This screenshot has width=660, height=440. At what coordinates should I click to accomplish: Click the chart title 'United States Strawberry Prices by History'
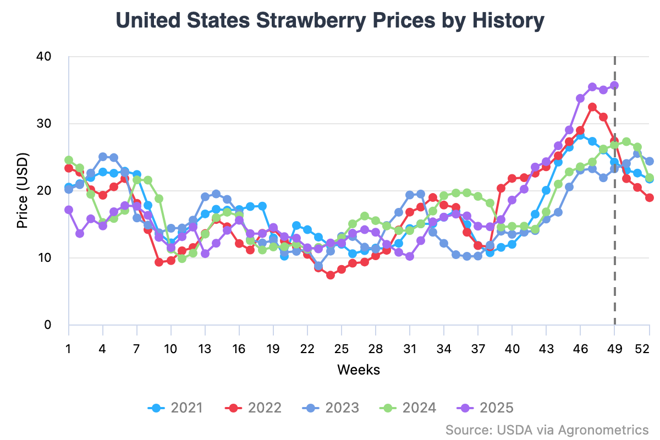click(330, 21)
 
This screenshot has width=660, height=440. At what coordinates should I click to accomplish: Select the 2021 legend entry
click(175, 408)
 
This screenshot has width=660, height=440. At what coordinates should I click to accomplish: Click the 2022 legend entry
click(254, 408)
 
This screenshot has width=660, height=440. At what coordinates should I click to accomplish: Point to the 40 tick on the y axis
click(44, 57)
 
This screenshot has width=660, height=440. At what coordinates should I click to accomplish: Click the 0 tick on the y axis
click(48, 324)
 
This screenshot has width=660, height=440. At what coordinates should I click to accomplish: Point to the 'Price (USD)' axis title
click(23, 190)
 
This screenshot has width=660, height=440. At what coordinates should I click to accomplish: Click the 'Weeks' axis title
click(359, 369)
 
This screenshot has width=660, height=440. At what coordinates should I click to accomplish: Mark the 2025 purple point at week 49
click(614, 85)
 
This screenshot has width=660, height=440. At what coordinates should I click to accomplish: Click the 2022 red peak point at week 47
click(592, 107)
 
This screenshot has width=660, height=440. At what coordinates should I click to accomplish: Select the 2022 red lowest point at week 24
click(331, 275)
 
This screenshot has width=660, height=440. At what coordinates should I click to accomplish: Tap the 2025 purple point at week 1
click(69, 210)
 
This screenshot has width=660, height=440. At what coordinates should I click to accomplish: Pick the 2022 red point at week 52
click(649, 197)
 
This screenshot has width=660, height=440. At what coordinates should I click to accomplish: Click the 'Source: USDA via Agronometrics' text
click(547, 429)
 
